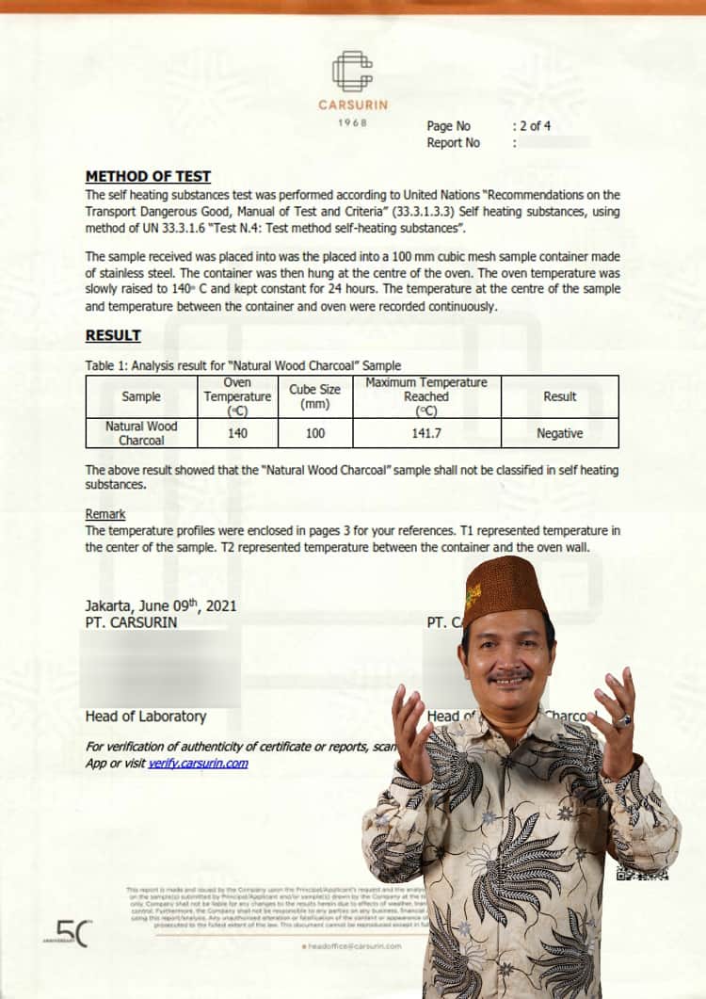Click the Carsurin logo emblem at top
352,73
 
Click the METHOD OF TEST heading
148,176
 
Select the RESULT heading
113,335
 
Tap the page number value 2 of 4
533,125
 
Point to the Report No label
453,142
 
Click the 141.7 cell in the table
425,433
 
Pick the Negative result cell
559,433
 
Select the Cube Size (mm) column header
314,396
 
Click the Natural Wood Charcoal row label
141,433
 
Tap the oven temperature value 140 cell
237,433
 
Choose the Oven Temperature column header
237,396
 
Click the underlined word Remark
104,514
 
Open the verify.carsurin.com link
198,763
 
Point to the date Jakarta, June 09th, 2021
160,605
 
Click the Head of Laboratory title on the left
145,717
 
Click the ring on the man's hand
622,720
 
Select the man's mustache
510,675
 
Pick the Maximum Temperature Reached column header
425,396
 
